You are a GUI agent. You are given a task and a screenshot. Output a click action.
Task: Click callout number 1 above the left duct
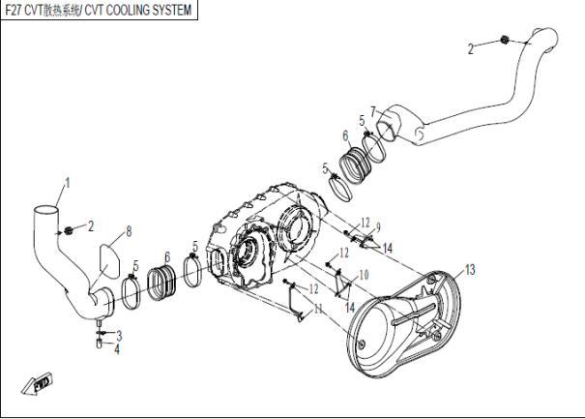tap(68, 182)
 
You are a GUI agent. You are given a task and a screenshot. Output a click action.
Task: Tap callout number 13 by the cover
tap(471, 268)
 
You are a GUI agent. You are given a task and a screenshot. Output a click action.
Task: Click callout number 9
tap(378, 226)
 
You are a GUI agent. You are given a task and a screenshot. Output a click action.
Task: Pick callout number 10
tap(364, 275)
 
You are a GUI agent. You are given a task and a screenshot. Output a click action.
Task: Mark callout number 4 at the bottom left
tap(118, 348)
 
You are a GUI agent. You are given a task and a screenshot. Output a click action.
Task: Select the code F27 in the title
tap(13, 10)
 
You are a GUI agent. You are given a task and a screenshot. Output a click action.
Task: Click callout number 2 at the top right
tap(471, 47)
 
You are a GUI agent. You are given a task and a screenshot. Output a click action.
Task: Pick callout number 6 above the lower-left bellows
tap(167, 256)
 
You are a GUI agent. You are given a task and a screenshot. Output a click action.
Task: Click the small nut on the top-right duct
tap(505, 40)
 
